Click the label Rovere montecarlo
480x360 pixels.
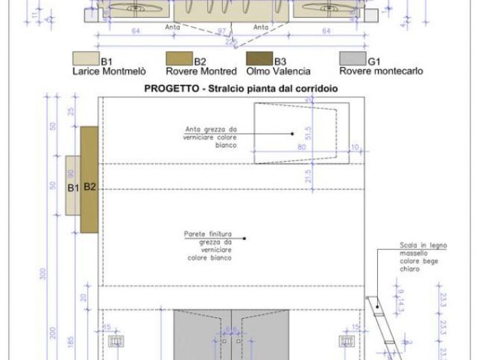coord(381,71)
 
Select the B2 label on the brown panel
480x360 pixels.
coord(90,187)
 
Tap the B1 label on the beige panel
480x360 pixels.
coord(73,187)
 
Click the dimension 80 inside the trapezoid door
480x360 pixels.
coord(301,147)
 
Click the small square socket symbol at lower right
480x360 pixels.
coord(346,340)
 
